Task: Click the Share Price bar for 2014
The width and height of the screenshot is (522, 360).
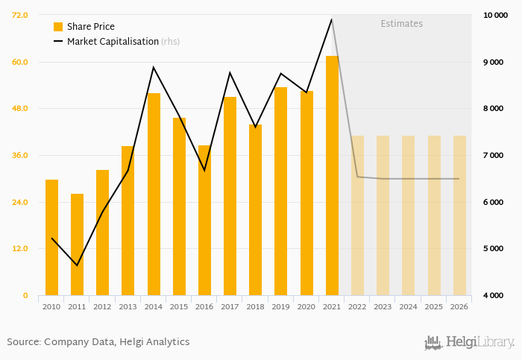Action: [154, 194]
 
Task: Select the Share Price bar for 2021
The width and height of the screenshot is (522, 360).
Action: [332, 175]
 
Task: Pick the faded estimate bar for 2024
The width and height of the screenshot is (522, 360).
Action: [409, 215]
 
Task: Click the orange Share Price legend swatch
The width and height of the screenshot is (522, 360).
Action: [58, 27]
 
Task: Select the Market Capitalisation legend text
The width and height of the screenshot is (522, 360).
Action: [113, 42]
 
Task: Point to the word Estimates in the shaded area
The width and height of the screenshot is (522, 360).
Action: [401, 24]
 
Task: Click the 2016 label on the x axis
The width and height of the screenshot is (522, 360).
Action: [204, 306]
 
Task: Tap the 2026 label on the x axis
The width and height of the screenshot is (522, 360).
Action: [459, 306]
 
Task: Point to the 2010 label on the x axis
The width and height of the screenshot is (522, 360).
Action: [51, 306]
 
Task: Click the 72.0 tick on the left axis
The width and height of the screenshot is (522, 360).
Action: [20, 15]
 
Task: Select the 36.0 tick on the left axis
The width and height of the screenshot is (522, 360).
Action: [20, 155]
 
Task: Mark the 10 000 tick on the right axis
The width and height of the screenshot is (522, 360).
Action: [495, 15]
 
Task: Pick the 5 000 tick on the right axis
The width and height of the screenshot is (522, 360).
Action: [495, 248]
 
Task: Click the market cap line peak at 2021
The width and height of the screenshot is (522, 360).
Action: [332, 19]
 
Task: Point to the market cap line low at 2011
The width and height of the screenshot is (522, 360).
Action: [77, 265]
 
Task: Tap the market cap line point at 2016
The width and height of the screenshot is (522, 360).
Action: [204, 171]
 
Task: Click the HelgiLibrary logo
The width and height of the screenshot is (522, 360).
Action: [469, 343]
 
